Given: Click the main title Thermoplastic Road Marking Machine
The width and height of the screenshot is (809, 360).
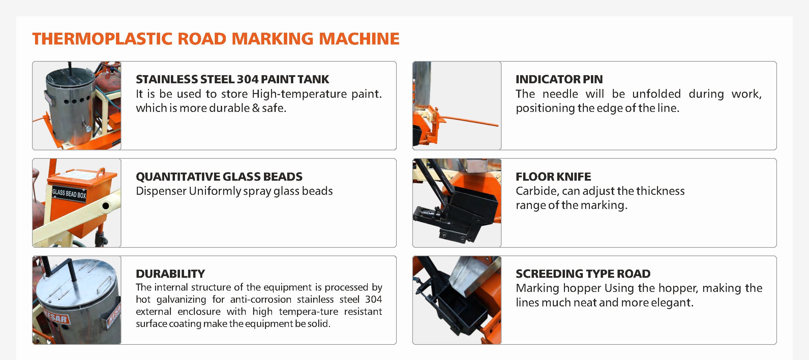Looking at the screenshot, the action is tap(216, 39).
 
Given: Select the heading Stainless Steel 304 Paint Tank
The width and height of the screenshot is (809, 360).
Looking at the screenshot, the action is tap(232, 79).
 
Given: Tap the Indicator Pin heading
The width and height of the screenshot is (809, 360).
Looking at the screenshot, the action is tap(559, 79).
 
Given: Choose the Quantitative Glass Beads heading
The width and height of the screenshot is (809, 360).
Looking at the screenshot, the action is tap(219, 177).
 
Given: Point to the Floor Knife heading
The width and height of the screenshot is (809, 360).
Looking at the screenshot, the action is tap(553, 177).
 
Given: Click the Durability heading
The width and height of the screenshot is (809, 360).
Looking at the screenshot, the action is tap(170, 274).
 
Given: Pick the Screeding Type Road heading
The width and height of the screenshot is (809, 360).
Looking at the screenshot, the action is tap(583, 274).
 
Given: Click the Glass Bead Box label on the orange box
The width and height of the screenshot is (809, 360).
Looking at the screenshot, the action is tap(69, 193).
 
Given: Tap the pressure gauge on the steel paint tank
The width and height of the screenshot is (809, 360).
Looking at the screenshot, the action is tap(88, 128).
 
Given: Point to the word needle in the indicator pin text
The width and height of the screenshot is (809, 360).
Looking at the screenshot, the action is tap(560, 94).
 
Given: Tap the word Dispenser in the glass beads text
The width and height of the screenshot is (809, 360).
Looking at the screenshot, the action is tap(161, 191).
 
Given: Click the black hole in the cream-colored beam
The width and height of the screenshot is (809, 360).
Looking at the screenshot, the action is tap(106, 206).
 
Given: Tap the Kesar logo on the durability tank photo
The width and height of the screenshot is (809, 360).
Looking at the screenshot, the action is tap(56, 318).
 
